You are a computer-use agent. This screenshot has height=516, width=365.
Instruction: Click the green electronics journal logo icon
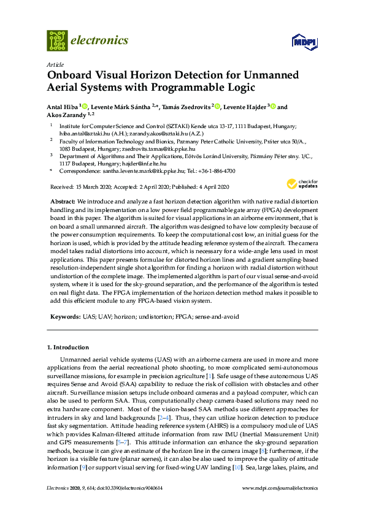click(57, 40)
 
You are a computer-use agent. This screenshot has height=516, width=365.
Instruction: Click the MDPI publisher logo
click(304, 42)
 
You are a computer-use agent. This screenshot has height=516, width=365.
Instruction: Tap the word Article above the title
click(55, 63)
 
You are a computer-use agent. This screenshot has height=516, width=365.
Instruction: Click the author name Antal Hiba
click(63, 107)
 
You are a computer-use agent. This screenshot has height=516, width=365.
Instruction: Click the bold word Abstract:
click(61, 201)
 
